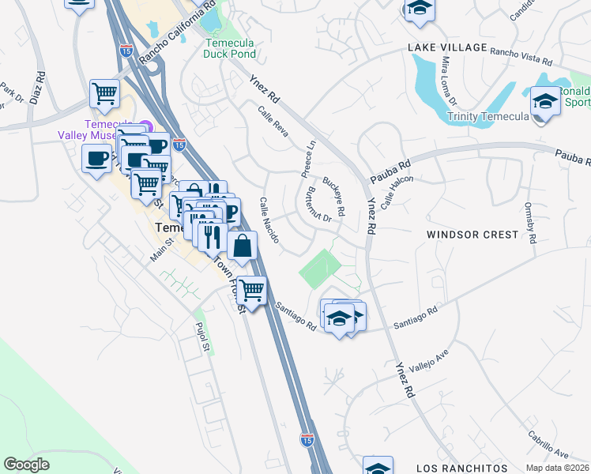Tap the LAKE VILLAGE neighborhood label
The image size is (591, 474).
click(x=447, y=47)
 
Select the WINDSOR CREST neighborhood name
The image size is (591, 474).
click(x=472, y=235)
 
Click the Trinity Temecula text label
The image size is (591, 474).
click(x=487, y=117)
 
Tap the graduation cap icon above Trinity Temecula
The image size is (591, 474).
click(x=544, y=102)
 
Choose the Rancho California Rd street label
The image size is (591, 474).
click(x=178, y=33)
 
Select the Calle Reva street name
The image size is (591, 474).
click(x=273, y=122)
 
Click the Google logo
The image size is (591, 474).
click(x=26, y=465)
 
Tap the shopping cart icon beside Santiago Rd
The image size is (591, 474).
click(x=252, y=290)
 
